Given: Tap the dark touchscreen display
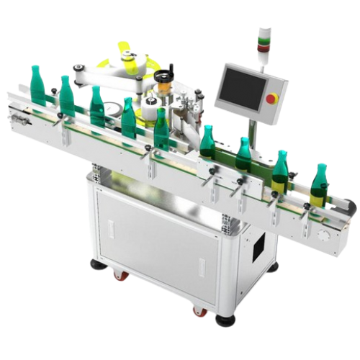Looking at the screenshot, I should coord(244,89).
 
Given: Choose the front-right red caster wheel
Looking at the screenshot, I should coord(198,310).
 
